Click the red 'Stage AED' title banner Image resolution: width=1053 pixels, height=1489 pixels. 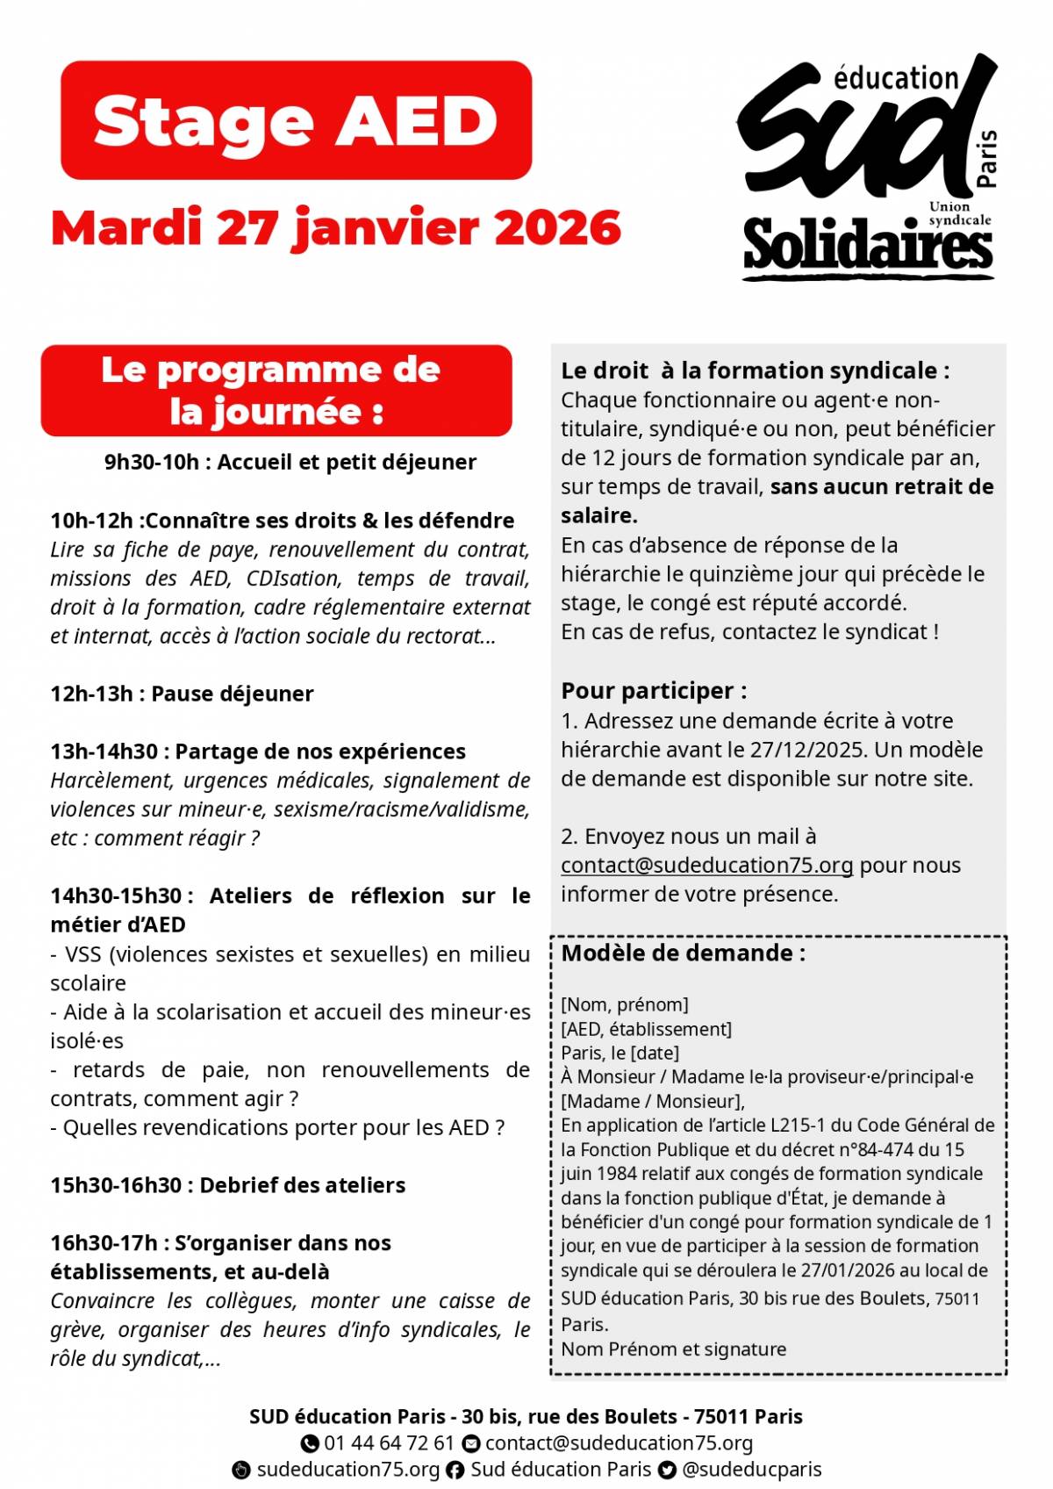296,120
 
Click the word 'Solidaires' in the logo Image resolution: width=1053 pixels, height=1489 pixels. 867,245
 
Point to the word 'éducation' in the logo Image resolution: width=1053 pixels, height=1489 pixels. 895,79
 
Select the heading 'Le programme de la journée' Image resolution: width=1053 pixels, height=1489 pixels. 276,391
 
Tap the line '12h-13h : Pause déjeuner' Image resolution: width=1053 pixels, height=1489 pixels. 182,694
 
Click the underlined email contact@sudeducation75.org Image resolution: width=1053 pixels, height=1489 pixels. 706,866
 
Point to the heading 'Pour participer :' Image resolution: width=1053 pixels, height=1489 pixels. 654,691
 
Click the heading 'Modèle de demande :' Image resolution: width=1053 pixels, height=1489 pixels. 683,953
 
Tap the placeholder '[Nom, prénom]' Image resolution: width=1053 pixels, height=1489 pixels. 624,1004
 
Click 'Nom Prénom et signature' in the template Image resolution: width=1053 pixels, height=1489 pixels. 673,1349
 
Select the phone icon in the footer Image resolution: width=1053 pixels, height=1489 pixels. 310,1443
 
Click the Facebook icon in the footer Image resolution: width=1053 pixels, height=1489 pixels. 455,1471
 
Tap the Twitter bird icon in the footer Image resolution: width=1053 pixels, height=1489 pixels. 667,1471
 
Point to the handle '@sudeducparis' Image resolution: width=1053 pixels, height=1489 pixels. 752,1470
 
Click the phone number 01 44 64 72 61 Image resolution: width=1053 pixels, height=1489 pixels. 389,1443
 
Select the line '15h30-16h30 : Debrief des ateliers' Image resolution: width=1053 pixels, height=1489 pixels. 227,1185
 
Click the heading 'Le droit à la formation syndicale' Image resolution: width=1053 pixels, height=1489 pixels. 755,370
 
